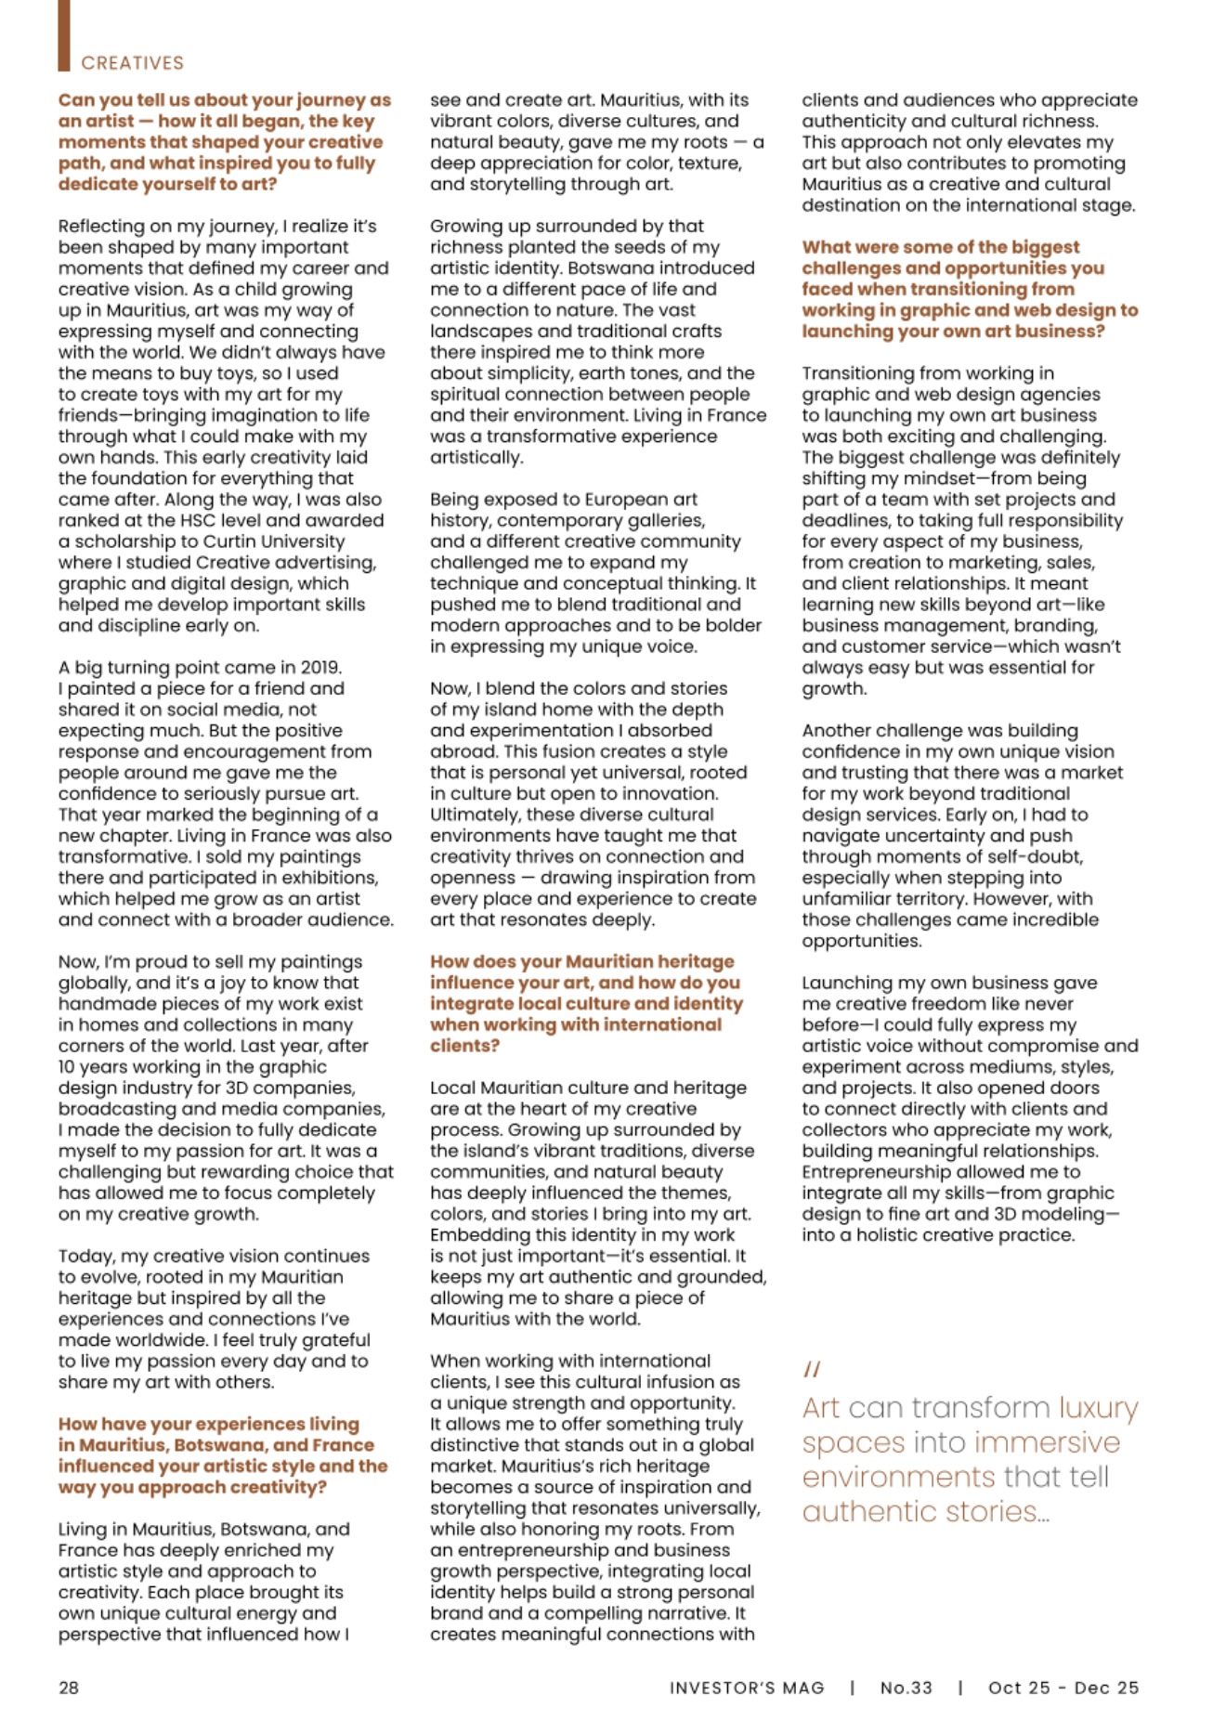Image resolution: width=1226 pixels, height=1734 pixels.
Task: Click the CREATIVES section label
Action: [132, 63]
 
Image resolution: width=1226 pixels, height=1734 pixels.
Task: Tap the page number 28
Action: [69, 1688]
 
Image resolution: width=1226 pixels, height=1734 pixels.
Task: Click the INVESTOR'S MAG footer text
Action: [747, 1688]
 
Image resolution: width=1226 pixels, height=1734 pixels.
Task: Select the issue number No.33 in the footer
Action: [906, 1688]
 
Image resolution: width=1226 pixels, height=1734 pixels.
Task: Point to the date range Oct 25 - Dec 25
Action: [1063, 1688]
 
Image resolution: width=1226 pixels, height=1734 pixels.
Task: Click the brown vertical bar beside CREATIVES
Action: [63, 35]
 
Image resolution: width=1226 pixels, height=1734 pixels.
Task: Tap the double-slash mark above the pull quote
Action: [812, 1369]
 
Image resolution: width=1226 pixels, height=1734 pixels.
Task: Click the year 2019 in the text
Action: [320, 667]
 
